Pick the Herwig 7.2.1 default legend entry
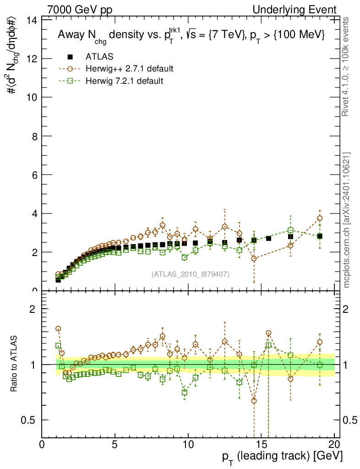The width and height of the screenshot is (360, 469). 124,81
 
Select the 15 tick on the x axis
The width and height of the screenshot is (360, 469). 261,444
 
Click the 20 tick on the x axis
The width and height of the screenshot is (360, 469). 334,444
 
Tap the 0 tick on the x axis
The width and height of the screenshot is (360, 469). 42,444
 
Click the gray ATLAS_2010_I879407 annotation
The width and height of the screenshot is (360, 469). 191,274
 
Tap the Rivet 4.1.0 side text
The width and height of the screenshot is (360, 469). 346,67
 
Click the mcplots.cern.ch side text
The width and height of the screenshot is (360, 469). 346,220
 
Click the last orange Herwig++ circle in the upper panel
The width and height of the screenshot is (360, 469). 320,218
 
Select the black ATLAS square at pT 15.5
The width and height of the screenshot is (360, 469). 268,238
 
